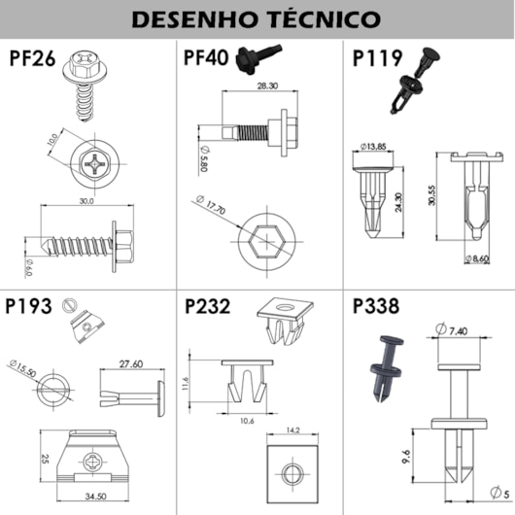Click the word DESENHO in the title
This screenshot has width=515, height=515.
[194, 19]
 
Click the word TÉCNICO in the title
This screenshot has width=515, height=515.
[324, 18]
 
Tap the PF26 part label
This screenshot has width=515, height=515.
[32, 58]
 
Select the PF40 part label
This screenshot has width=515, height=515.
[206, 57]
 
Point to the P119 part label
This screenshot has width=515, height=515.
[377, 58]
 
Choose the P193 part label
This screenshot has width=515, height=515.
[28, 306]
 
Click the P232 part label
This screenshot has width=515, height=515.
[208, 306]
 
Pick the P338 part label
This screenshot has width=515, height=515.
[376, 306]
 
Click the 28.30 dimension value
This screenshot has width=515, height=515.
[267, 86]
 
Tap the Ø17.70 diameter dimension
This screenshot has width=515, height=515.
[211, 204]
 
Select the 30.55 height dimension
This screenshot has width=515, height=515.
[431, 195]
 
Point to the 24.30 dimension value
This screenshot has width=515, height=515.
[398, 202]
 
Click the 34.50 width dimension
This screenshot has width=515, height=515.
[95, 497]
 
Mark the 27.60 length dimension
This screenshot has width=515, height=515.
[131, 364]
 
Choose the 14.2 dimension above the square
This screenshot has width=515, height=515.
[293, 430]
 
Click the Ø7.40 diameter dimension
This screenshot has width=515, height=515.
[451, 329]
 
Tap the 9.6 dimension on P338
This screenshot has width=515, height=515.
[406, 457]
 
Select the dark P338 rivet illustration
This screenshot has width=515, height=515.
[387, 368]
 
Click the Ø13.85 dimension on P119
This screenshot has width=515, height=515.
[373, 147]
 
